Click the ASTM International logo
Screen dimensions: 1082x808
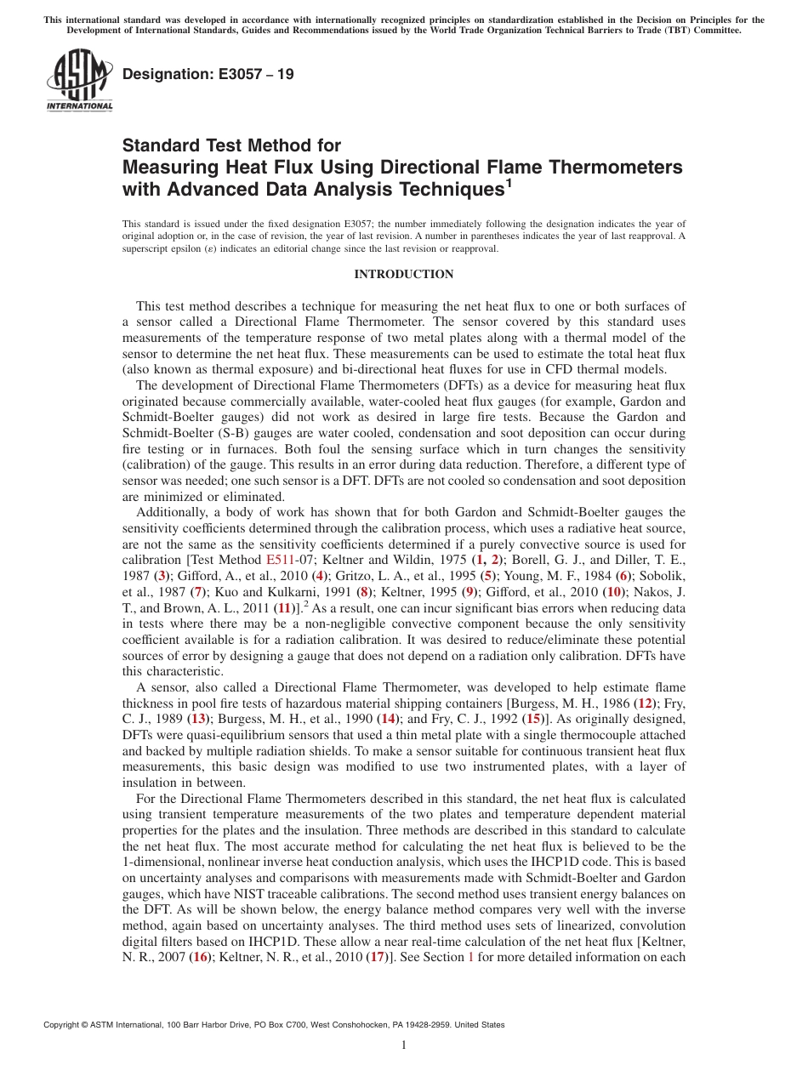(x=79, y=81)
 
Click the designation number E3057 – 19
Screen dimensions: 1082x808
(x=208, y=74)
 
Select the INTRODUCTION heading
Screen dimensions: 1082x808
(x=403, y=274)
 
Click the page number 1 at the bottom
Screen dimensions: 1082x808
(x=404, y=1045)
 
